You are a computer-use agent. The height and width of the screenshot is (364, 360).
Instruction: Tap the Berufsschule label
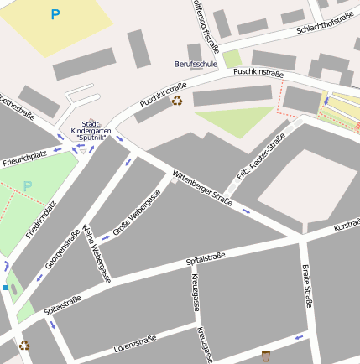pos(196,64)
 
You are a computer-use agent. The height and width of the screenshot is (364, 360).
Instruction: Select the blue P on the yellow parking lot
pos(55,14)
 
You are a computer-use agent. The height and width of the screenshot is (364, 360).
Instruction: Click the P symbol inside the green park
pos(28,185)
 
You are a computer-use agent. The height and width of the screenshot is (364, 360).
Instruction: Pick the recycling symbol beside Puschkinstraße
pos(177,101)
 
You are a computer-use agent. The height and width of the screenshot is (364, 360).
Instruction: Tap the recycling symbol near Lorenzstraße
pos(24,344)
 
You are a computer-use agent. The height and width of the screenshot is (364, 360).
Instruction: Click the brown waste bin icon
pos(266,356)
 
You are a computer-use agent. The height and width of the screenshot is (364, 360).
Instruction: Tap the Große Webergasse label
pos(137,212)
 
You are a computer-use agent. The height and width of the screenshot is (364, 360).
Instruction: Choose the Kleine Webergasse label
pos(96,253)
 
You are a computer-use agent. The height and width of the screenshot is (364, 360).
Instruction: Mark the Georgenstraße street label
pos(61,254)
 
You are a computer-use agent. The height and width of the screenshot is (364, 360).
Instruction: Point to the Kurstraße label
pos(346,227)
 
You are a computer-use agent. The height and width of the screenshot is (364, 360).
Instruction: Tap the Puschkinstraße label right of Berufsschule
pos(258,72)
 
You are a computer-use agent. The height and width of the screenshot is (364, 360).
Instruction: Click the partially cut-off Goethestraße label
pos(17,108)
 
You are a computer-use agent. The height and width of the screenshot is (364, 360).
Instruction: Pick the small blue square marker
pos(5,288)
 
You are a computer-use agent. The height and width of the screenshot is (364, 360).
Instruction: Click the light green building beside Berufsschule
pos(232,60)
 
